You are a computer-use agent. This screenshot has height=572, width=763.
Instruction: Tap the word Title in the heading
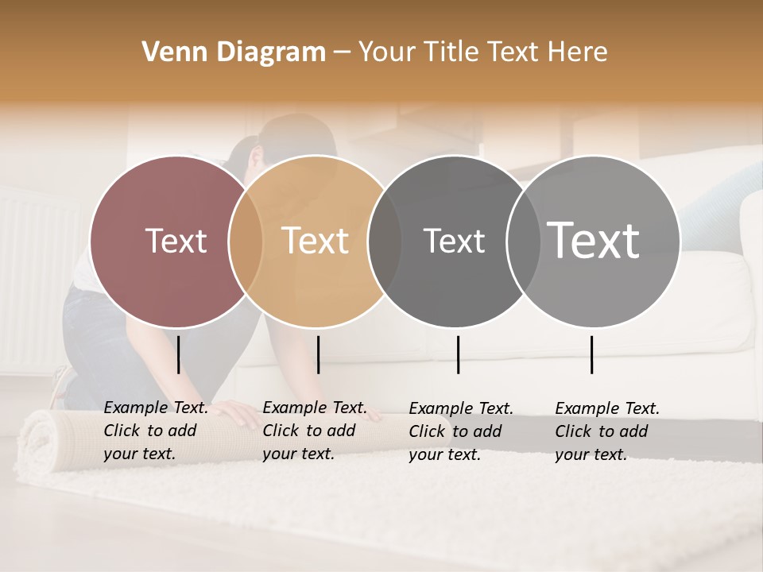[x=451, y=52]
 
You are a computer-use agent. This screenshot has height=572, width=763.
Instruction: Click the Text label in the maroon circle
[x=176, y=241]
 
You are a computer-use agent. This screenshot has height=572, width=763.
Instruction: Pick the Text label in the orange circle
[x=316, y=241]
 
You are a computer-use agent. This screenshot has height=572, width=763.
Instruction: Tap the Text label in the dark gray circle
[x=454, y=241]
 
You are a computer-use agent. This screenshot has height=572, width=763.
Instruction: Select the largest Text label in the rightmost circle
[x=594, y=240]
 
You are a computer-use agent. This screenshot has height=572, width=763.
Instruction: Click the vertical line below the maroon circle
[x=179, y=354]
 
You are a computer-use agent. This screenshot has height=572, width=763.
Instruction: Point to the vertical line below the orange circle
[x=318, y=354]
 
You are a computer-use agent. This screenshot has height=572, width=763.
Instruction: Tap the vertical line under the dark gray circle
[x=458, y=354]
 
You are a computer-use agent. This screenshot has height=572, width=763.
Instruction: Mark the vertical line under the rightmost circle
[x=591, y=354]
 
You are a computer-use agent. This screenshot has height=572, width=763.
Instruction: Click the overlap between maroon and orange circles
[x=246, y=241]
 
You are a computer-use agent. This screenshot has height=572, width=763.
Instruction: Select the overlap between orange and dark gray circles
[x=385, y=241]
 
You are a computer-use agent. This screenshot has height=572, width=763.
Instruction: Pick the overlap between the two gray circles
[x=523, y=241]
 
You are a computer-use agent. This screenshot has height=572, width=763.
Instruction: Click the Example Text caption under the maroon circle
[x=156, y=431]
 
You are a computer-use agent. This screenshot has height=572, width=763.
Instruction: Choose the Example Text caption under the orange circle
[x=315, y=431]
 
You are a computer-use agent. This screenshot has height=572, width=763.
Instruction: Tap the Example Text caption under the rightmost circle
[x=607, y=431]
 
